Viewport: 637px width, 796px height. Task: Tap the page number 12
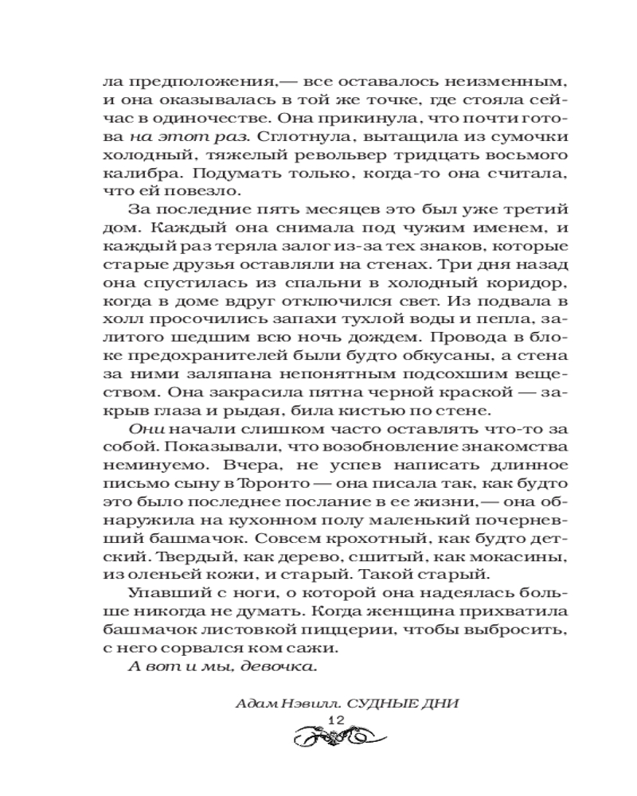pyautogui.click(x=335, y=719)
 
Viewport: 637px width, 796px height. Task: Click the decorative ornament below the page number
pyautogui.click(x=335, y=738)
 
